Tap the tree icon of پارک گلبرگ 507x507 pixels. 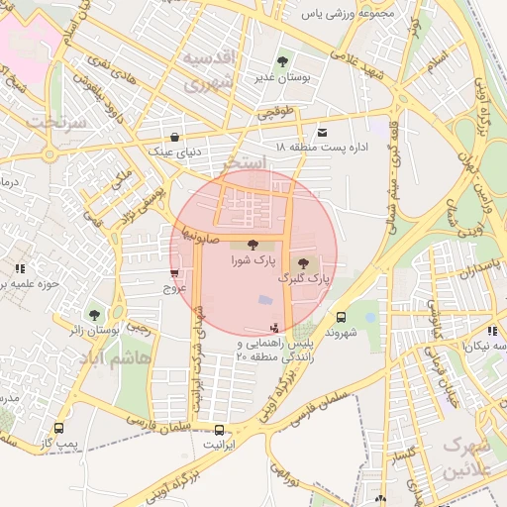point(303,262)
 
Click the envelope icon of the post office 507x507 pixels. point(322,133)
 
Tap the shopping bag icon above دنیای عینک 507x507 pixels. point(175,138)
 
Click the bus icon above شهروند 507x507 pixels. point(341,318)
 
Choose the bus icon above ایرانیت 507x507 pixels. point(219,430)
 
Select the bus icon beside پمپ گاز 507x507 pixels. point(58,430)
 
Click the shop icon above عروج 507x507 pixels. point(174,273)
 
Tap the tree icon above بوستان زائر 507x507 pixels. point(94,314)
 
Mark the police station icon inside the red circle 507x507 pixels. point(274,328)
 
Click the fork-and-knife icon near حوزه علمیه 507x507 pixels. point(20,267)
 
